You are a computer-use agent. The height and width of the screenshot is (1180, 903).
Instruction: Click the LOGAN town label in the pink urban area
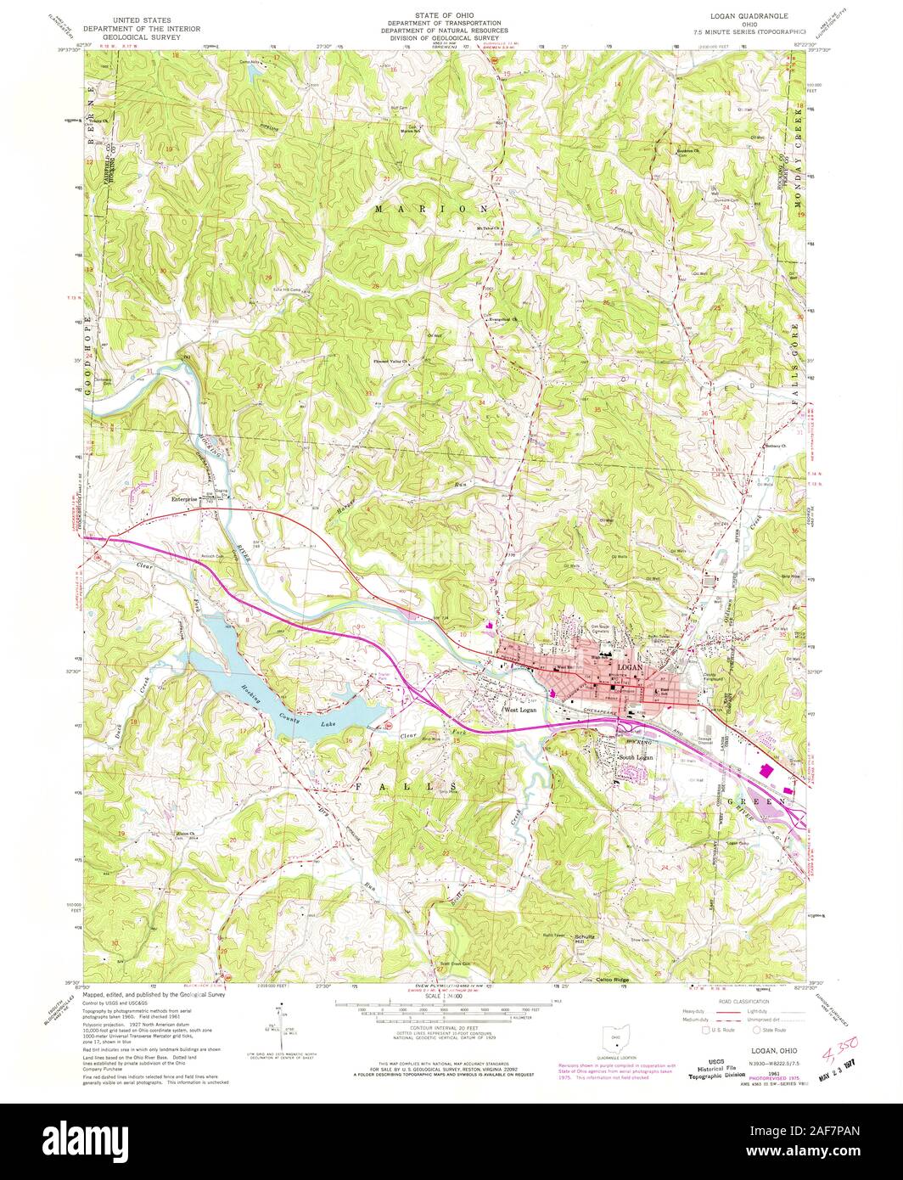tap(632, 668)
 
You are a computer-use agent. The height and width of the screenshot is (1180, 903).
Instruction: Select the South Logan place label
tap(636, 756)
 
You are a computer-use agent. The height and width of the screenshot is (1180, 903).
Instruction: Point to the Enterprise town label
tap(184, 499)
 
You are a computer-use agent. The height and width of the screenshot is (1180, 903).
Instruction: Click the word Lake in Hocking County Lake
tap(328, 724)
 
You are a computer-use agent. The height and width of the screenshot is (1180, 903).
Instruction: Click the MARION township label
tap(432, 208)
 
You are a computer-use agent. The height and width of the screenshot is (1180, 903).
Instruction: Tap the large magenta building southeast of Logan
tap(767, 770)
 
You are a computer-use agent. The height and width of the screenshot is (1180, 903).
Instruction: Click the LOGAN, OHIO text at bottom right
tap(763, 1025)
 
